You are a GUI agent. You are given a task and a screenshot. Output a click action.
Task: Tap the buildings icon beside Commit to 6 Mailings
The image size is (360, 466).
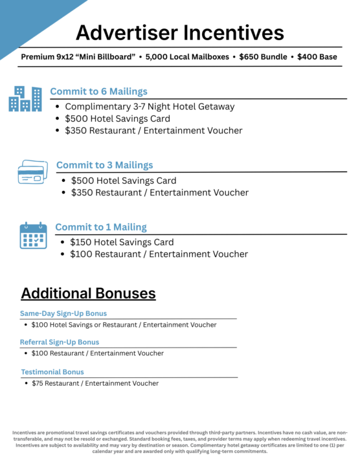point(25,98)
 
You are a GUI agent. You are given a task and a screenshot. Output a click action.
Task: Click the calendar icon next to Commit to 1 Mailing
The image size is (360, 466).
point(33,236)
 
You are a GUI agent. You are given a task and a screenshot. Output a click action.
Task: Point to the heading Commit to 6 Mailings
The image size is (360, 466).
point(98,91)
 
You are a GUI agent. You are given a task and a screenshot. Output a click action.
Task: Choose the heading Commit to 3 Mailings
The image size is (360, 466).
point(104,165)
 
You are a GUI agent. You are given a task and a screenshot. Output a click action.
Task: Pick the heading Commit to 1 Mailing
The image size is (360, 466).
point(100,227)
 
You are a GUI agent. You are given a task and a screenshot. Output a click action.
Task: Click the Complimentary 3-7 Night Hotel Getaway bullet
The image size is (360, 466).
point(150,107)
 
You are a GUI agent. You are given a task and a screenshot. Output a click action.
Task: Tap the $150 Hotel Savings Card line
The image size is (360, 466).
point(122,242)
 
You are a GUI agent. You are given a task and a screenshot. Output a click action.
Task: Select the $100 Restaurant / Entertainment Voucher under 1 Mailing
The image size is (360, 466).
point(159,254)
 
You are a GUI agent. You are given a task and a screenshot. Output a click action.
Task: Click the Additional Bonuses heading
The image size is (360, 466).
point(88,293)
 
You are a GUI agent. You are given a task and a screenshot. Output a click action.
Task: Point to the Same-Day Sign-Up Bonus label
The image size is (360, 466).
point(63,313)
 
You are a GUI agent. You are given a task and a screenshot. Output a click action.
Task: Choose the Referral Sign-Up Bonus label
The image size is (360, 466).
point(60,342)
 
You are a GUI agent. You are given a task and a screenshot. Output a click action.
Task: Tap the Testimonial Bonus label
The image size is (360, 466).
point(52,372)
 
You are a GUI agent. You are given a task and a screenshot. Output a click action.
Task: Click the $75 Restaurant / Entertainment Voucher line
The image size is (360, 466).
point(95,383)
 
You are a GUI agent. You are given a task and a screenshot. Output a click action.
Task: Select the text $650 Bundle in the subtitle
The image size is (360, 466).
point(262,57)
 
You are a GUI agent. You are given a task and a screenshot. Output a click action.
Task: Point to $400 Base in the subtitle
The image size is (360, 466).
point(317,57)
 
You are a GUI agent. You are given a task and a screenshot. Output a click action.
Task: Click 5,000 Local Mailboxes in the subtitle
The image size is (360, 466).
point(188,57)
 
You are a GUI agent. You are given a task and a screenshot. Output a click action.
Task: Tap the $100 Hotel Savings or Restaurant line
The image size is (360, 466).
point(124,325)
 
